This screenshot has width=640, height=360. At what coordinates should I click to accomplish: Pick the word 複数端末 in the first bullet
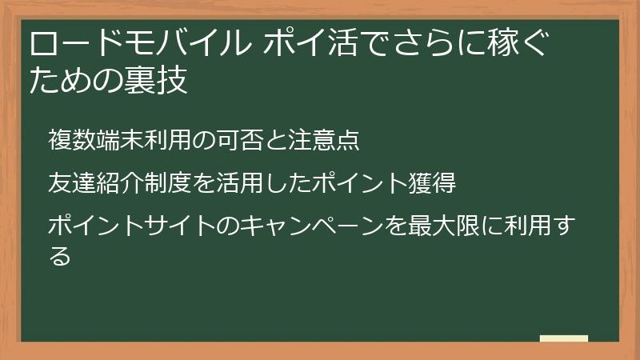[x=95, y=140]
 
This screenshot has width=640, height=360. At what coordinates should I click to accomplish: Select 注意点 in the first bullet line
[x=332, y=140]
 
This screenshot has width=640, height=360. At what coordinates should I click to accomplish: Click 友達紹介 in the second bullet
[x=95, y=182]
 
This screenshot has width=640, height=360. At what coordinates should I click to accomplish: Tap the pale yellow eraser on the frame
[x=563, y=339]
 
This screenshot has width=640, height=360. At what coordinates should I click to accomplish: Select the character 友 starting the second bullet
[x=59, y=182]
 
